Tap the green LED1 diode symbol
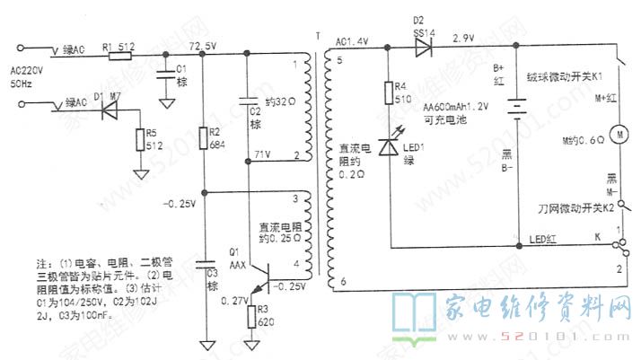pyautogui.click(x=388, y=147)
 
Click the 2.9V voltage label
pyautogui.click(x=463, y=40)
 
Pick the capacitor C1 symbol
pyautogui.click(x=165, y=76)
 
